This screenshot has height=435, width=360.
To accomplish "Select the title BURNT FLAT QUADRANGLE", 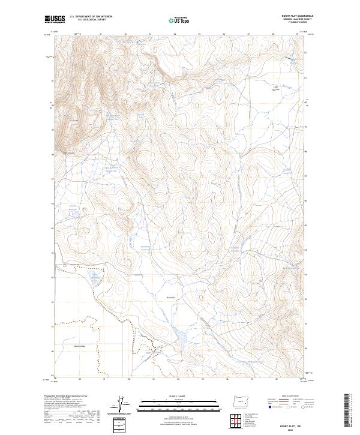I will (x=292, y=16).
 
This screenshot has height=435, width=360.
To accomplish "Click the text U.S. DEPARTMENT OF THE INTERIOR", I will (x=91, y=17).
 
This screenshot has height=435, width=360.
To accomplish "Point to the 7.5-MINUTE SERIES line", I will (x=292, y=24).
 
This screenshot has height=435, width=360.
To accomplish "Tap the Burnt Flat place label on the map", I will (x=170, y=297).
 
